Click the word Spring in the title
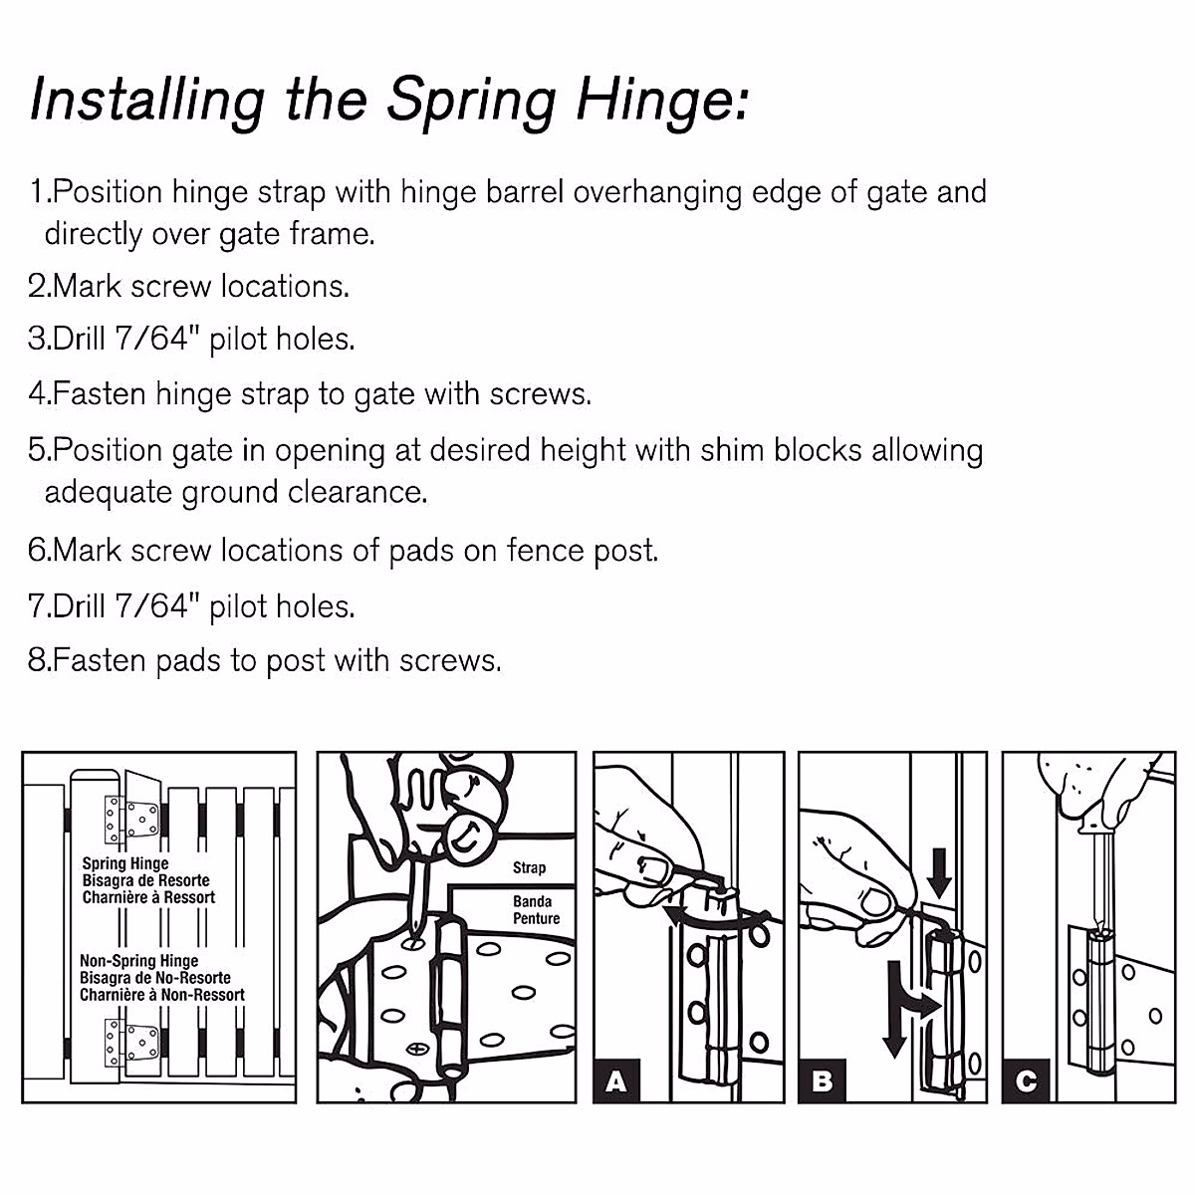pos(470,100)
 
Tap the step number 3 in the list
pos(37,340)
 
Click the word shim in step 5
pos(731,450)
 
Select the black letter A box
pos(616,1079)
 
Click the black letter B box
pos(822,1079)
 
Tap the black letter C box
pos(1027,1079)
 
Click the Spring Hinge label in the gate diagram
pos(125,863)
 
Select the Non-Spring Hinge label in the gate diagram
pos(138,961)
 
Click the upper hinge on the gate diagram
pos(131,819)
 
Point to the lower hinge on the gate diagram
pos(131,1042)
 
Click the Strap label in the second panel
pos(529,867)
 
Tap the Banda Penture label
pos(536,909)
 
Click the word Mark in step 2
pos(89,287)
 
